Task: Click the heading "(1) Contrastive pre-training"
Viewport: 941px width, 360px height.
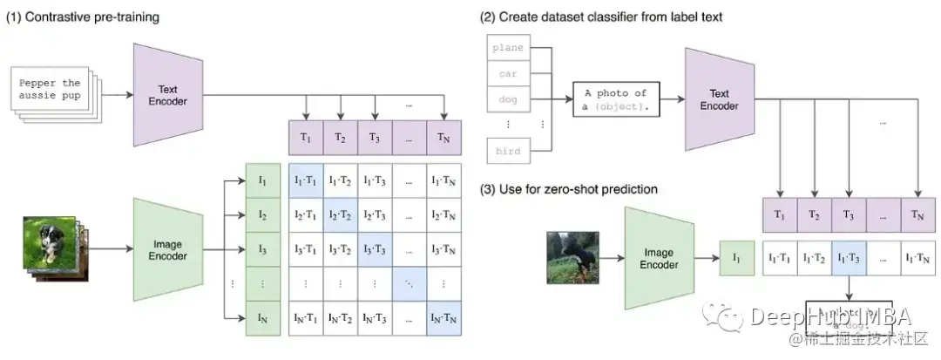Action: point(84,17)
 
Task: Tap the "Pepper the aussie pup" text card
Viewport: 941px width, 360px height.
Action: point(53,89)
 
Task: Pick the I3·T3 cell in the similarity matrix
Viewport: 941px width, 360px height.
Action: point(374,248)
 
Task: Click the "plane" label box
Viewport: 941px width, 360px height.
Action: point(508,49)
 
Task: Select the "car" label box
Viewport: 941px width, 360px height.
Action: point(508,75)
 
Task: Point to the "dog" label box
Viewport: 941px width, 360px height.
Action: point(508,100)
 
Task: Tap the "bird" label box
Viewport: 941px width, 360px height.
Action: point(508,151)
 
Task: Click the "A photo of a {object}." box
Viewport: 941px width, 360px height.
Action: point(616,99)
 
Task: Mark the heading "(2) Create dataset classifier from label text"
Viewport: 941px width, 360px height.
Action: point(600,17)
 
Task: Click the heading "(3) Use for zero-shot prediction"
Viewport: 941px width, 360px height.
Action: point(572,189)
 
